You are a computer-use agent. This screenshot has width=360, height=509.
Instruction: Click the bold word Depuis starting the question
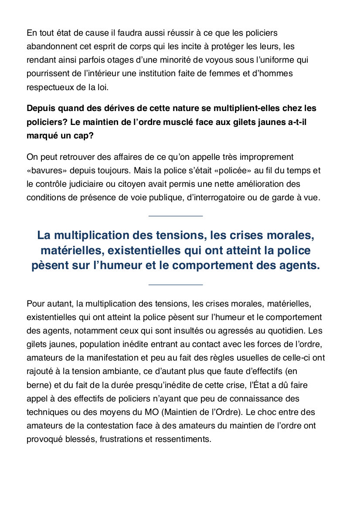tap(41, 108)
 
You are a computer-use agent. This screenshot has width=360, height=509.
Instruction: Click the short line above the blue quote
tap(176, 216)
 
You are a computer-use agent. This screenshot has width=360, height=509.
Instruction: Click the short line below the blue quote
tap(176, 285)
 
